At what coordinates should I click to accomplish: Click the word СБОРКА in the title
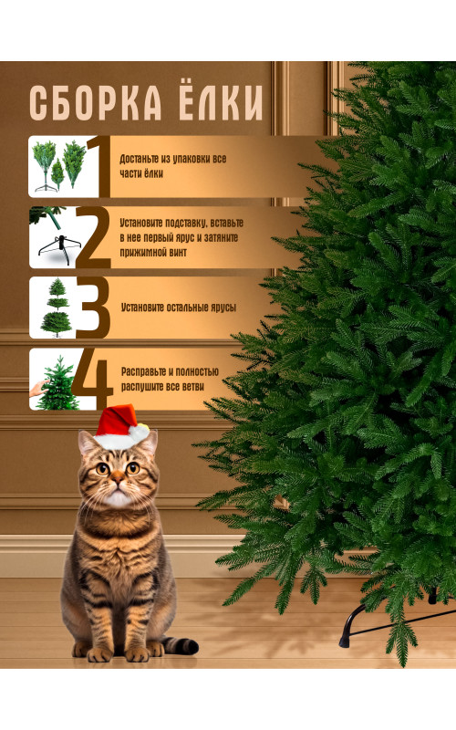pos(96,102)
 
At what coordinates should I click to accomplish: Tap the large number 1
pos(98,167)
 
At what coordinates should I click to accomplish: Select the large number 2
pos(93,237)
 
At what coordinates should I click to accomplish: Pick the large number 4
pos(92,380)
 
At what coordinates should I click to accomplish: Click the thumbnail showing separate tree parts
pos(58,167)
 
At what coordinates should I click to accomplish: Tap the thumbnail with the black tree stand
pos(54,237)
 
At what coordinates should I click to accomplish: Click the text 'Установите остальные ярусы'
pos(179,308)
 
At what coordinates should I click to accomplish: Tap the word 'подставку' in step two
pos(181,223)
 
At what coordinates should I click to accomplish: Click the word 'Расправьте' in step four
pos(143,371)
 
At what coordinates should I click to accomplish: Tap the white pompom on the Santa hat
pos(139,433)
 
